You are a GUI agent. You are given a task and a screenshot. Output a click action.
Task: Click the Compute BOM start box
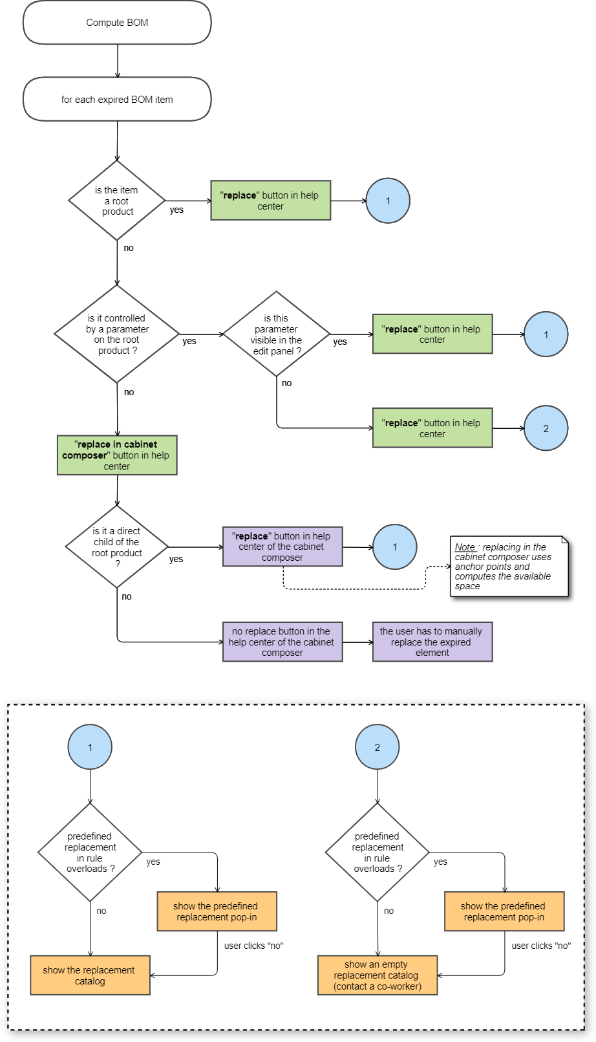coord(117,23)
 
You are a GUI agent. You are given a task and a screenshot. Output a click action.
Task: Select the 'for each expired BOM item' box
coord(117,100)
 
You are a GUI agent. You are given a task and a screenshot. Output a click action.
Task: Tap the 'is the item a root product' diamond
coord(117,201)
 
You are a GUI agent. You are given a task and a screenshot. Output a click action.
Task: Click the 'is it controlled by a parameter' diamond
coord(117,334)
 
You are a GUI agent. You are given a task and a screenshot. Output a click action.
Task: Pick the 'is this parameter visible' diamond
coord(277,334)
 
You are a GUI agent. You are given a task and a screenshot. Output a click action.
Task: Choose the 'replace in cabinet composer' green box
coord(117,455)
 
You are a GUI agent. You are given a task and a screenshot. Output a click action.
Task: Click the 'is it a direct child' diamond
coord(117,547)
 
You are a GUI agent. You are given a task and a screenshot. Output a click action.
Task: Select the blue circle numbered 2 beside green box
coord(546,428)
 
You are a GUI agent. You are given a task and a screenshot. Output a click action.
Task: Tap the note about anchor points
coord(509,567)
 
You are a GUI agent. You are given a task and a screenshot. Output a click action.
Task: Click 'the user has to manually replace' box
coord(432,642)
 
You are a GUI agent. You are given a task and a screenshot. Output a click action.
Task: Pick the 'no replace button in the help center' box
coord(282,642)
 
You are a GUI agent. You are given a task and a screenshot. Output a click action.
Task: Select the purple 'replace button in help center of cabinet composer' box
coord(282,547)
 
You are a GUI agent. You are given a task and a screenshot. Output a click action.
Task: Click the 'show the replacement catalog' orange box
coord(90,975)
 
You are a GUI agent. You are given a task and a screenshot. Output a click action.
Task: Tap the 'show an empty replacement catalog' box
coord(378,975)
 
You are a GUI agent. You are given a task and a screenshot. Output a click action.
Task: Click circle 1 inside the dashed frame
coord(90,747)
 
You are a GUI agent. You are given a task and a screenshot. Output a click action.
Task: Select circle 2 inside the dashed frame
coord(378,747)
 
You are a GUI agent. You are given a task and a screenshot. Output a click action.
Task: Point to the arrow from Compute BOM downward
coord(118,61)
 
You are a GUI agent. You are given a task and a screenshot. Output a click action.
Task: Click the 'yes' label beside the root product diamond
coord(176,210)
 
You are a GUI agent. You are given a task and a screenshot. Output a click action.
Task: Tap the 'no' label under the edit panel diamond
coord(286,383)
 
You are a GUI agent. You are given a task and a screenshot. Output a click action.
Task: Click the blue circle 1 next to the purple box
coord(395,547)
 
